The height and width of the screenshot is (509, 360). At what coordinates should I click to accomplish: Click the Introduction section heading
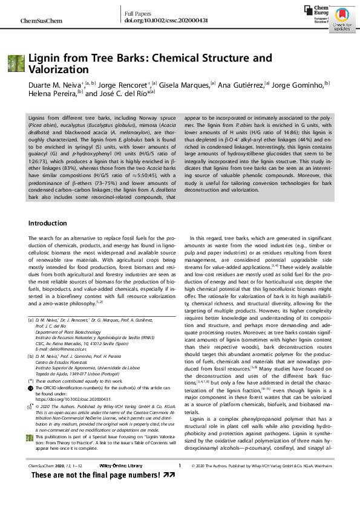[x=48, y=224]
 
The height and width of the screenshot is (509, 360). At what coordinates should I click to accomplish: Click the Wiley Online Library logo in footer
[x=120, y=482]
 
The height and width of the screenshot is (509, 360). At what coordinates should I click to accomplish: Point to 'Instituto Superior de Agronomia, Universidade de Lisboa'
[x=88, y=367]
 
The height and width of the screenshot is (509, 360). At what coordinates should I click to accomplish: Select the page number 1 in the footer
[x=180, y=482]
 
